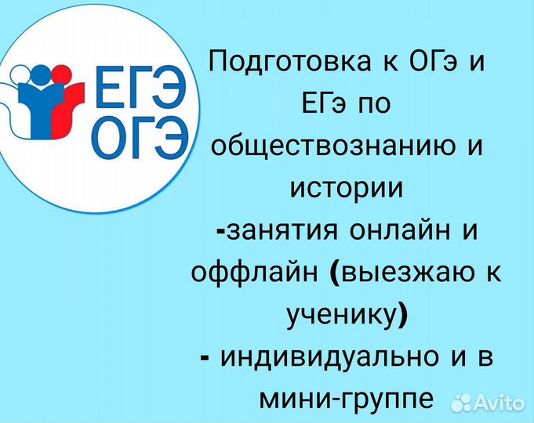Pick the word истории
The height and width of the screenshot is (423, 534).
pos(346,188)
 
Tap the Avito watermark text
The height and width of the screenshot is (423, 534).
pos(499,403)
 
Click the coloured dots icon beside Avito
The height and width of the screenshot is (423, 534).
pos(463,402)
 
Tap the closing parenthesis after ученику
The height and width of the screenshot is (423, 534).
pos(403,316)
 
